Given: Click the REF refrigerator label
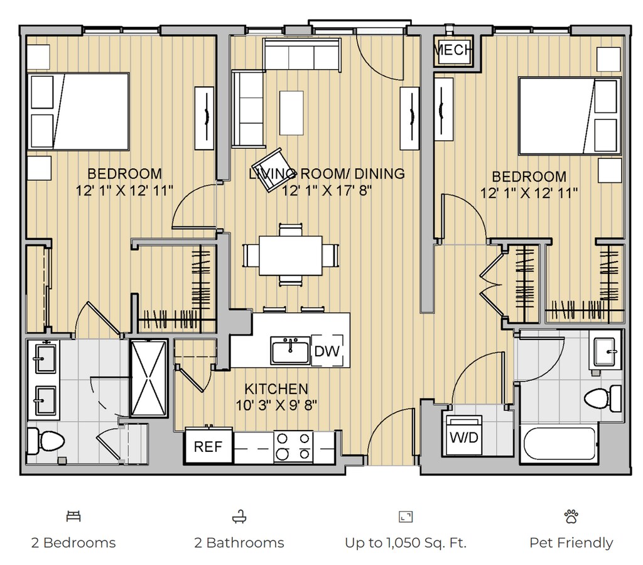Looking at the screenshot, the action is pos(208,446).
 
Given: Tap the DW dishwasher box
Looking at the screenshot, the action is pos(327,351).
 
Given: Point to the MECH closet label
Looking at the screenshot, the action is pos(453,50).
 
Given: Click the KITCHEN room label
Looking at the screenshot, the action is pos(276,388).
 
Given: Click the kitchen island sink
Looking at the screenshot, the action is pos(290,351).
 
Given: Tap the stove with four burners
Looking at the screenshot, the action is pos(293,446).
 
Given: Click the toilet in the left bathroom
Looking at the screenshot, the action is pos(46,441).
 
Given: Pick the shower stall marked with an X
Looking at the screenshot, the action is pos(149,378).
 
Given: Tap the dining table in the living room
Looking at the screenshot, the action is pos(290,255).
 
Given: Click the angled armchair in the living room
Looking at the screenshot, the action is pos(271,170).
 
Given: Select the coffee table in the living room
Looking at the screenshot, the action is pos(291,113).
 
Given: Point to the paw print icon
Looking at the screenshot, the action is pos(571,516).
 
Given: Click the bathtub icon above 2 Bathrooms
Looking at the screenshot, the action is pos(239,517).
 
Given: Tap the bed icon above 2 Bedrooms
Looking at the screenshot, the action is pos(73,516).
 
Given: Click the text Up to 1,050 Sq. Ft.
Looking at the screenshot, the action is pos(406,543).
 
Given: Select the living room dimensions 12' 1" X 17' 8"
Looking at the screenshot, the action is pos(327,190).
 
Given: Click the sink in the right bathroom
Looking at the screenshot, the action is pos(605,352).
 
